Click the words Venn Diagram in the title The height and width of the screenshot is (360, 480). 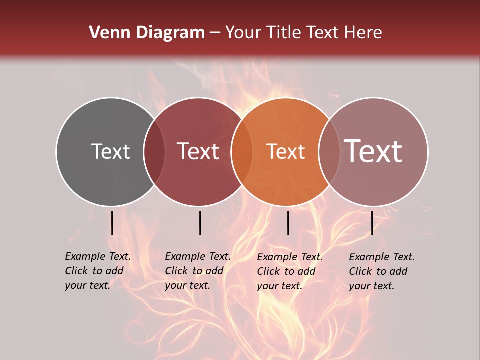click(147, 33)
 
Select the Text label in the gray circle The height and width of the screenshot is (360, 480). click(110, 151)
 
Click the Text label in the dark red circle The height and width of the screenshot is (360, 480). click(198, 151)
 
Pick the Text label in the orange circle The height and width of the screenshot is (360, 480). click(286, 151)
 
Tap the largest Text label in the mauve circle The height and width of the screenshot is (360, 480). click(373, 151)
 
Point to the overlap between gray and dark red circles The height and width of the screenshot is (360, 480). click(154, 151)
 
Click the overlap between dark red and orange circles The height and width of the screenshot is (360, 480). click(242, 151)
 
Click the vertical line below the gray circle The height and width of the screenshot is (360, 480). click(112, 223)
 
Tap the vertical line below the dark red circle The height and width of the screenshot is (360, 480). click(200, 223)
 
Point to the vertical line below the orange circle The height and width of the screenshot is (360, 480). click(288, 223)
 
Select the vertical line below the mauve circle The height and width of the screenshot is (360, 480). click(372, 223)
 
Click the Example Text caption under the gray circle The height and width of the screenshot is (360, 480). click(98, 271)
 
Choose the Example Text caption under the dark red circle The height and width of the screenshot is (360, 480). click(198, 271)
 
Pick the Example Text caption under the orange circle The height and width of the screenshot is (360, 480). click(290, 271)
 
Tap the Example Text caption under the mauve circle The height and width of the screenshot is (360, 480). click(382, 271)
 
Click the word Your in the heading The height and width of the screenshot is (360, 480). click(243, 33)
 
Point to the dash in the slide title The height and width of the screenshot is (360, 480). click(215, 33)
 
